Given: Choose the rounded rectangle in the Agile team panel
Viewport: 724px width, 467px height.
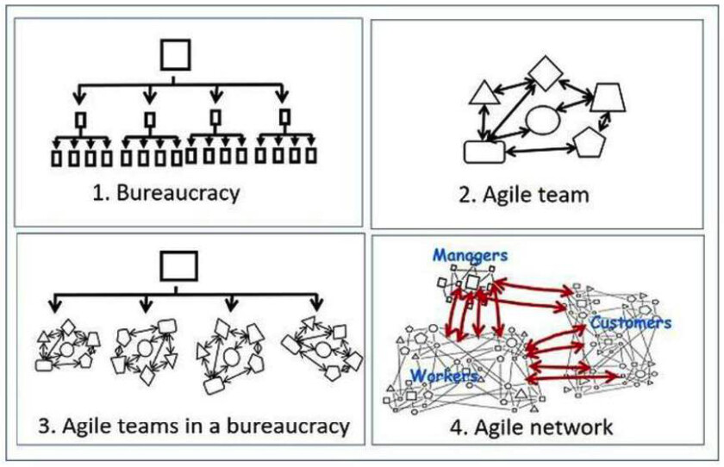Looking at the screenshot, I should click(x=484, y=150).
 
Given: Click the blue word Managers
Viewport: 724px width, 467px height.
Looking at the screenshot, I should click(x=470, y=255).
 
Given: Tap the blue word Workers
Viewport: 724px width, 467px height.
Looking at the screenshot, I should click(x=444, y=375).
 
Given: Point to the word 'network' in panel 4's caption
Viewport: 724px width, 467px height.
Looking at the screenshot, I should click(x=573, y=427).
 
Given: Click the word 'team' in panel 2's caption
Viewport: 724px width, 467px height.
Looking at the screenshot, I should click(x=565, y=194).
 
